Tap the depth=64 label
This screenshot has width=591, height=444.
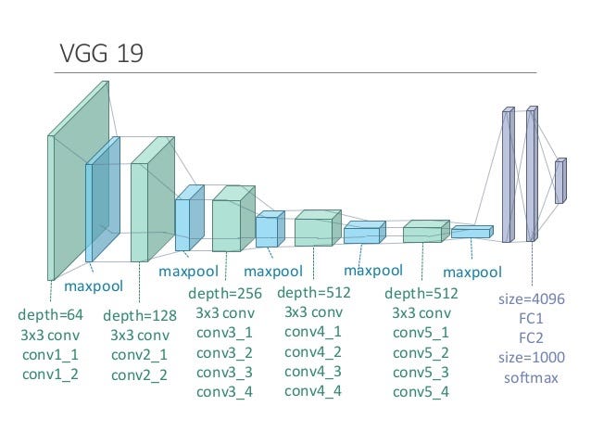tap(50, 315)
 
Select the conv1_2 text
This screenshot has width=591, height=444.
tap(50, 374)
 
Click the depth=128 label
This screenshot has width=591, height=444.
tap(139, 315)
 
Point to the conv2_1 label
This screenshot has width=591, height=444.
tap(139, 355)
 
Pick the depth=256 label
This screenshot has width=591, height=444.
tap(225, 293)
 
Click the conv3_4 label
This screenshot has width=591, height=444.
tap(224, 391)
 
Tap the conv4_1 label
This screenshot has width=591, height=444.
tap(312, 331)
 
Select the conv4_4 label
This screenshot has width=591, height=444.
tap(312, 390)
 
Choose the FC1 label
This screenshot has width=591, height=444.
tap(532, 318)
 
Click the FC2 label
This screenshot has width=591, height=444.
tap(532, 337)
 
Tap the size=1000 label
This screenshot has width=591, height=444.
tap(532, 357)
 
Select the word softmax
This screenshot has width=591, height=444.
tap(532, 377)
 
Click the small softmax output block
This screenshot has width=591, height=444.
tap(559, 181)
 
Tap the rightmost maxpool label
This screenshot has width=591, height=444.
tap(472, 273)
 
